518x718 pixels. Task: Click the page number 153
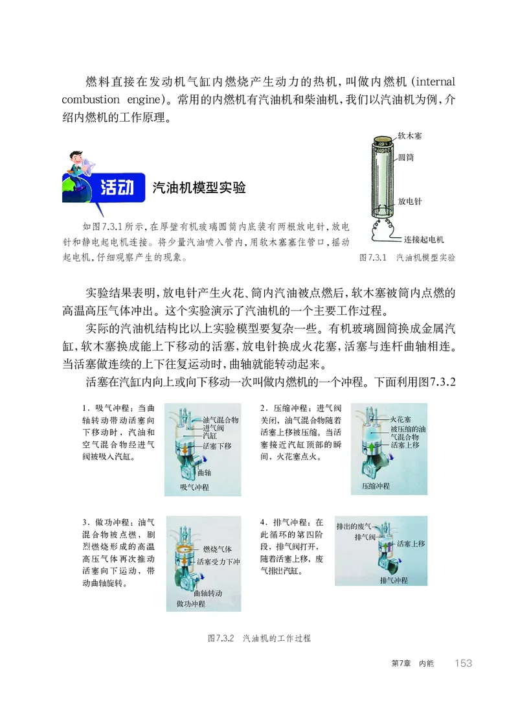(x=463, y=663)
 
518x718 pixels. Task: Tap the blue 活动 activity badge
(x=116, y=188)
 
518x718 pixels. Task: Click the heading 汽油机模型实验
(x=199, y=188)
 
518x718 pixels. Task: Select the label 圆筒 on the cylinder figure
(x=406, y=157)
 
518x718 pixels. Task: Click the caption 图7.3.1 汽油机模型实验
(x=407, y=257)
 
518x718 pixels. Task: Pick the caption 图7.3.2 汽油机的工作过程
(x=259, y=638)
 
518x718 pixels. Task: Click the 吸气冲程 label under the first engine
(x=192, y=487)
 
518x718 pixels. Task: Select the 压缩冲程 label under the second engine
(x=376, y=485)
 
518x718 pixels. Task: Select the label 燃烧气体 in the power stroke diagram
(x=217, y=550)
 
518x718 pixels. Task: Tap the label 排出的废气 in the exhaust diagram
(x=354, y=526)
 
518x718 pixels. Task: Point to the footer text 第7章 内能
(x=412, y=664)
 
